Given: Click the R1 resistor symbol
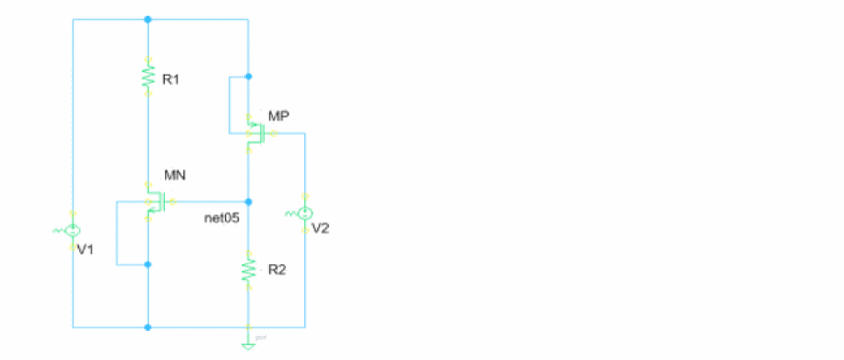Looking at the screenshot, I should pyautogui.click(x=147, y=77).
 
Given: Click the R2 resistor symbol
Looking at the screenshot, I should pyautogui.click(x=247, y=268).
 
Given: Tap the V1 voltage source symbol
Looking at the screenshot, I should pyautogui.click(x=73, y=228).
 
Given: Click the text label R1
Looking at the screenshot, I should pyautogui.click(x=171, y=81).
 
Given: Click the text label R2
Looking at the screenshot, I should pyautogui.click(x=276, y=272).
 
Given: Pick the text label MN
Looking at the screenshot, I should pyautogui.click(x=174, y=175).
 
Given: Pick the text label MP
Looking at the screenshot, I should pyautogui.click(x=278, y=115).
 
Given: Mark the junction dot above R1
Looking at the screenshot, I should pyautogui.click(x=147, y=18).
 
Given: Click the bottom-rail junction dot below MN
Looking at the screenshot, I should pyautogui.click(x=147, y=327).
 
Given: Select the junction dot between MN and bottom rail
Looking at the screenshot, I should pyautogui.click(x=147, y=265).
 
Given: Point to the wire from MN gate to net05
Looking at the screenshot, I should pyautogui.click(x=208, y=202).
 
